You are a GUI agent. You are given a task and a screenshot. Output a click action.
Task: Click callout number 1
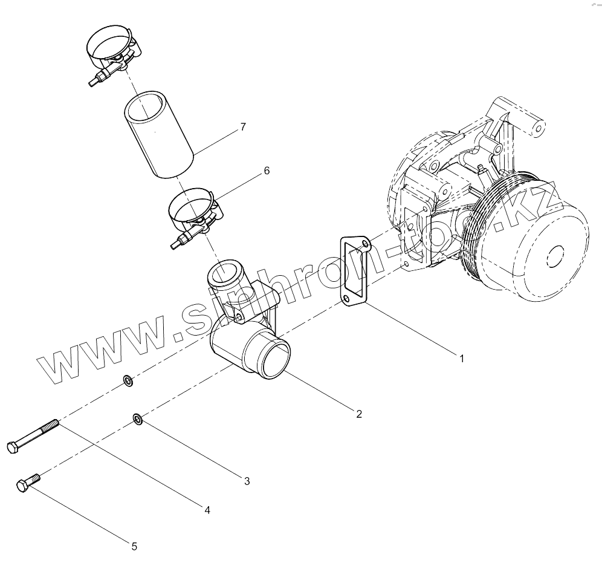pos(461,358)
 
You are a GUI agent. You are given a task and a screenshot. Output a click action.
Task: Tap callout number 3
pos(247,481)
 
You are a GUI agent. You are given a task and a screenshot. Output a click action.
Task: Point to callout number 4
pos(207,510)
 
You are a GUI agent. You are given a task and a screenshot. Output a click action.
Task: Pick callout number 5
pos(134,546)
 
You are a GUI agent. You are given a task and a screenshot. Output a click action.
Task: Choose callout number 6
pos(266,171)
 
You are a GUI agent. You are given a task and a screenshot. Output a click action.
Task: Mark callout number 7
pos(242,126)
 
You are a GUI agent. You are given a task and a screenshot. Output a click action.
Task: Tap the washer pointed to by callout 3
pos(137,418)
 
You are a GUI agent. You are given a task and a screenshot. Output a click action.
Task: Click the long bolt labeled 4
pos(36,435)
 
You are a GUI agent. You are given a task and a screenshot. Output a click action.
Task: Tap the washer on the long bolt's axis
pos(128,381)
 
